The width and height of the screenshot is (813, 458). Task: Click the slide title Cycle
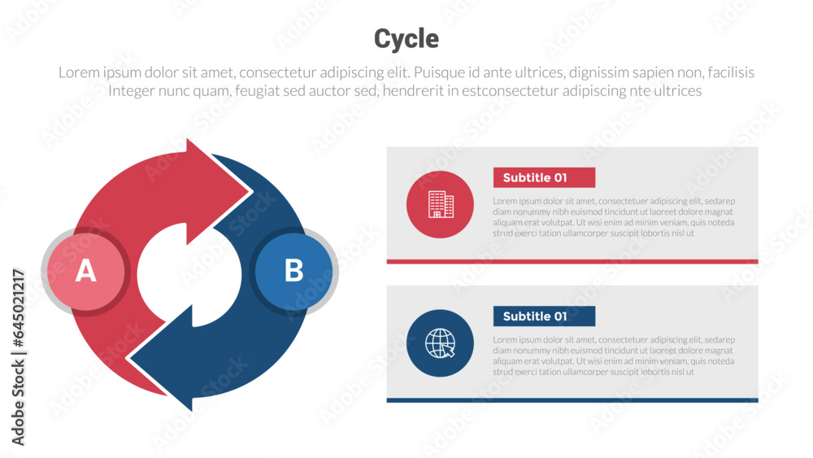click(406, 38)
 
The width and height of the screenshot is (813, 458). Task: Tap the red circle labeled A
click(85, 271)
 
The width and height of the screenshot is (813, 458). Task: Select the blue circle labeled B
click(293, 271)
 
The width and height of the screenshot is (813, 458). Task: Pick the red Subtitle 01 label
click(544, 177)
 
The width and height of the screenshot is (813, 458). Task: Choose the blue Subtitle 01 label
click(544, 316)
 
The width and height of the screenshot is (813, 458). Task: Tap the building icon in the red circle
click(440, 204)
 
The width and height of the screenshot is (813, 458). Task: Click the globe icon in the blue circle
click(440, 342)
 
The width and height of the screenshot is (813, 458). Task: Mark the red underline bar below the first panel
click(572, 261)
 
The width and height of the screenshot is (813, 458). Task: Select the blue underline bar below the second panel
click(572, 399)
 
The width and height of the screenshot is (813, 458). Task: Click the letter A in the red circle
click(85, 271)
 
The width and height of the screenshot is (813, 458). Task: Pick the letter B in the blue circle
click(293, 271)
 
